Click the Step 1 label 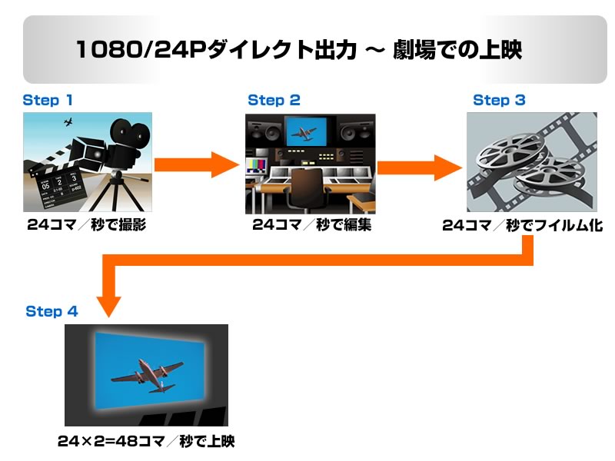click(x=48, y=100)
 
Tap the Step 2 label click(x=274, y=100)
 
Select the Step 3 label click(x=499, y=100)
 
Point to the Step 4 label click(x=52, y=311)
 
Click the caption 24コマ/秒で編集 click(x=311, y=225)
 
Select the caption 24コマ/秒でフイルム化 click(x=523, y=226)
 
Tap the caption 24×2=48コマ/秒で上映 click(x=145, y=441)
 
